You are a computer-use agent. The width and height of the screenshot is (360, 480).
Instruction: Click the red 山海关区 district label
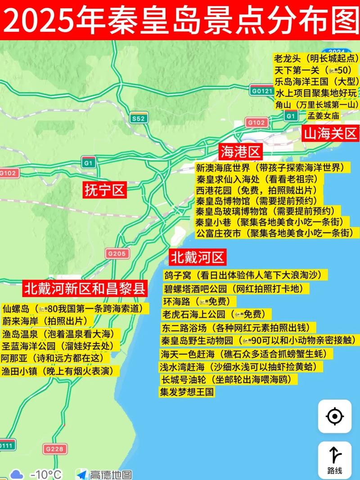[x=330, y=134]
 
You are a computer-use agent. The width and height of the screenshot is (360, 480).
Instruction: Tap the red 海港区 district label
[x=241, y=152]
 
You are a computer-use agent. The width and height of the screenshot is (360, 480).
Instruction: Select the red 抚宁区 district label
[x=104, y=190]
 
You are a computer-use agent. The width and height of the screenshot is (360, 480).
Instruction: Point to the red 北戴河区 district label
[x=197, y=258]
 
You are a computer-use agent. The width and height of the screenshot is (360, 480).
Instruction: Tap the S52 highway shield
[x=139, y=118]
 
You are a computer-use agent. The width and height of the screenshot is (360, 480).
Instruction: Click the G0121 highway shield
[x=262, y=91]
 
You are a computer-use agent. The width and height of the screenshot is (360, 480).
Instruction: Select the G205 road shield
[x=117, y=254]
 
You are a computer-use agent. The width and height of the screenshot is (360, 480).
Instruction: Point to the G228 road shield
[x=55, y=449]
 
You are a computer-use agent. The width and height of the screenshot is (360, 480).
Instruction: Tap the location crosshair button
[x=335, y=416]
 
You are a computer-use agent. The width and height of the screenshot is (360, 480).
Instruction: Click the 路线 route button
[x=335, y=460]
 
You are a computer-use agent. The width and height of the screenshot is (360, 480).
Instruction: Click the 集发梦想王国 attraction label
[x=187, y=392]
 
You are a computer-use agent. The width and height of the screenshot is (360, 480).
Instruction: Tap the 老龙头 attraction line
[x=317, y=58]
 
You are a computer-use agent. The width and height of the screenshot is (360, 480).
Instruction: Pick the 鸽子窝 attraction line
[x=246, y=275]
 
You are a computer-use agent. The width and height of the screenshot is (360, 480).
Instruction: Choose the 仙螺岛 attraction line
[x=76, y=309]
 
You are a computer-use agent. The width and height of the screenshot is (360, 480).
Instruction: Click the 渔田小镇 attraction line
[x=60, y=371]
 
